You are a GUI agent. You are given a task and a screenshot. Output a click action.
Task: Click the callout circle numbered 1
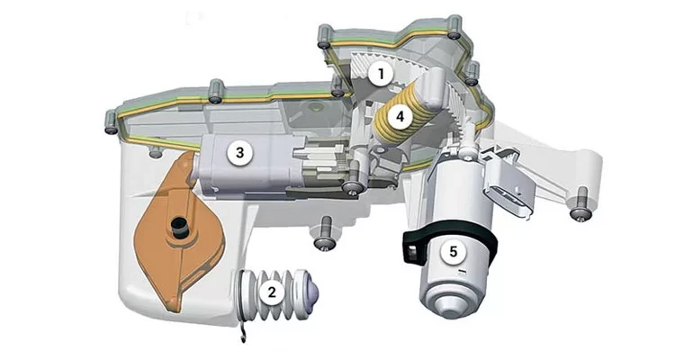coord(381,74)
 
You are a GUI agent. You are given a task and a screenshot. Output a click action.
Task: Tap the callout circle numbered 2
coord(272,292)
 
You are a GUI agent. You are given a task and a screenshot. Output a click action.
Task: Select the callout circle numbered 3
coord(239,153)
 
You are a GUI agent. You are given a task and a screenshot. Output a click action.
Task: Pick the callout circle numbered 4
coord(400,117)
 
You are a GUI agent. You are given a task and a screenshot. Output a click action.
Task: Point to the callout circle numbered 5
coord(453,251)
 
